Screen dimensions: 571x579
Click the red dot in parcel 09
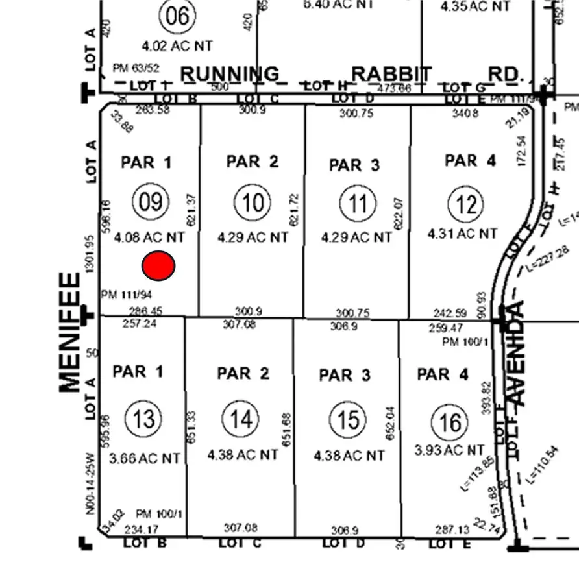(158, 266)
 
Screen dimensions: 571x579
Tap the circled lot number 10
(253, 203)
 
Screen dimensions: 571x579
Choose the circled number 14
(241, 419)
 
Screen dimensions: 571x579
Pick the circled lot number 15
(348, 420)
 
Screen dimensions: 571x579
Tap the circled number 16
(450, 422)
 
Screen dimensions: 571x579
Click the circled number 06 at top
(177, 16)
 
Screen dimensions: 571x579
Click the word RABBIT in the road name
(391, 74)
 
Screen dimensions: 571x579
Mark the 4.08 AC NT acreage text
(149, 237)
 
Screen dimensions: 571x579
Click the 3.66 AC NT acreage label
(144, 458)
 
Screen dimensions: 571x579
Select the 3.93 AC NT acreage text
(449, 449)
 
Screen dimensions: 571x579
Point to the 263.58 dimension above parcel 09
(153, 110)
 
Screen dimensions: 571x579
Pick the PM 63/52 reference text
(136, 67)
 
